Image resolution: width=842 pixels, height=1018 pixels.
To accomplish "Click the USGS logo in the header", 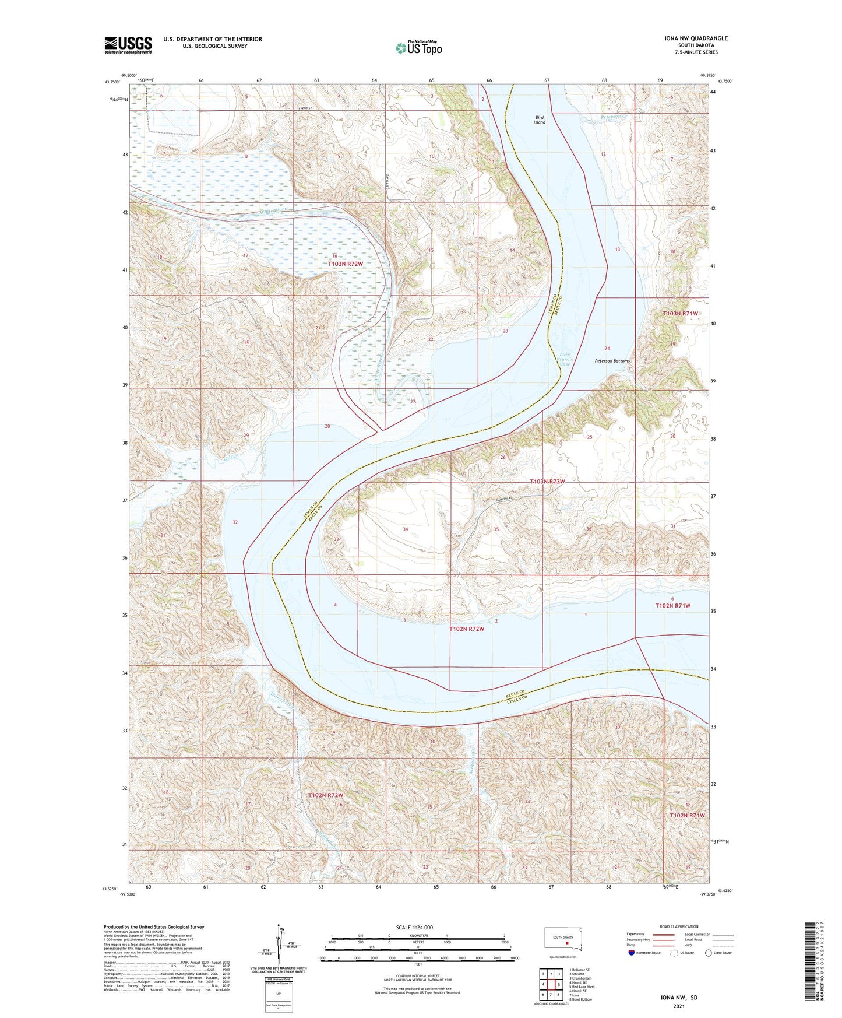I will point(128,45).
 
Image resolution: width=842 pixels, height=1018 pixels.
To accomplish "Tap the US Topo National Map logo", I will point(418,47).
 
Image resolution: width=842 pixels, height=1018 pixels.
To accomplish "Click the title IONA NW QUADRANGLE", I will point(696,38).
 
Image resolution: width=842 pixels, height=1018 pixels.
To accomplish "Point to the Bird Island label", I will point(540,120).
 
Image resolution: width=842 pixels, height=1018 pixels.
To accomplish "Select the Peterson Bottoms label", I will point(612,361).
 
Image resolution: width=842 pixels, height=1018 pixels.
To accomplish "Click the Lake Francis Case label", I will point(565,359).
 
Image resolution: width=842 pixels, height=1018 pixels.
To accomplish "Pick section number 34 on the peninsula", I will point(405,529).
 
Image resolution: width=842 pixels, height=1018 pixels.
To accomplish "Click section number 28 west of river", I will point(327,426).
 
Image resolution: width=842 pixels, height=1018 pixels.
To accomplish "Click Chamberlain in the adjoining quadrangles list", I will point(581,978).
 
